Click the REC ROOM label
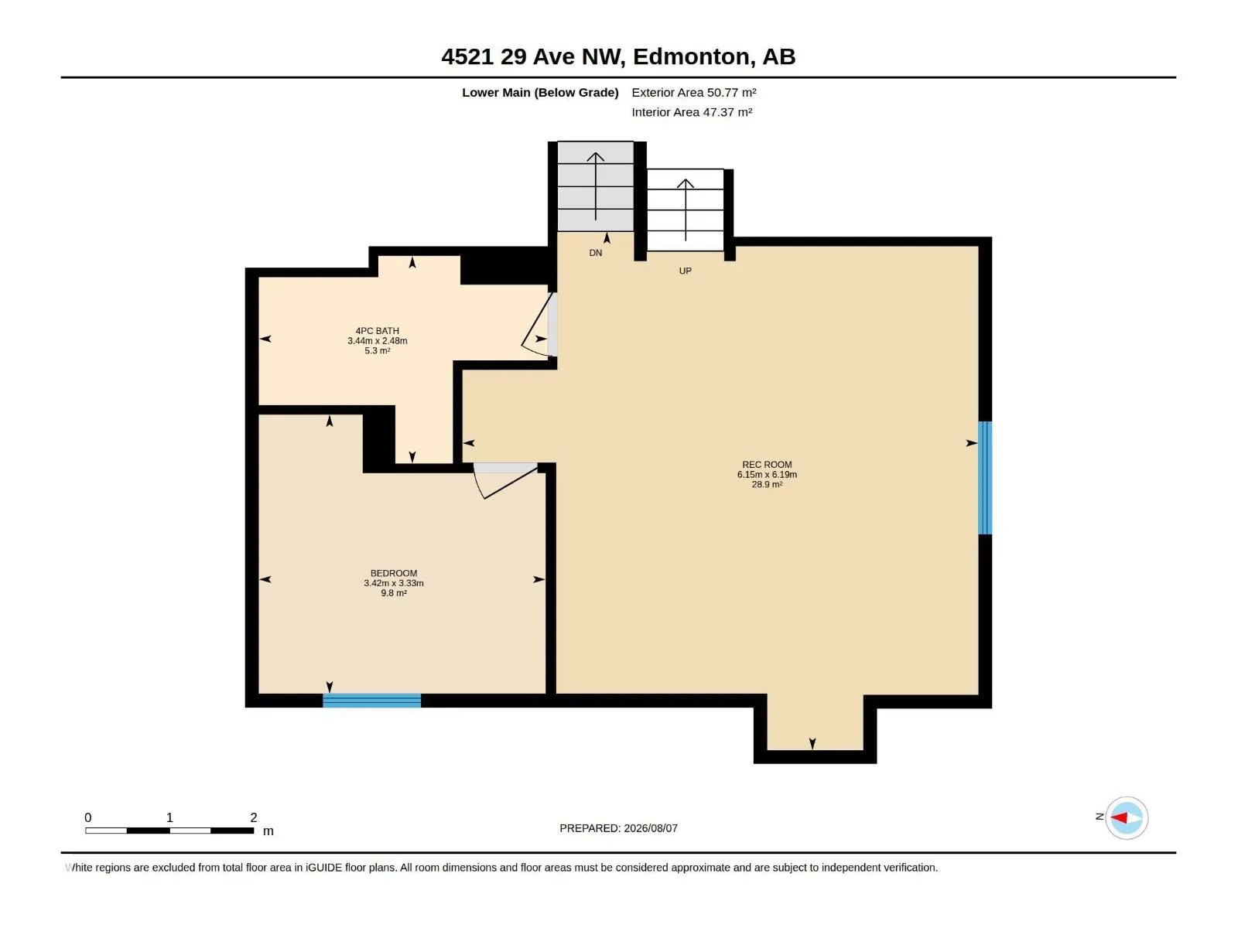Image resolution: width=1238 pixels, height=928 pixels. coord(767,464)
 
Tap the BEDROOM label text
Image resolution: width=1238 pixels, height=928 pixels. coord(394,573)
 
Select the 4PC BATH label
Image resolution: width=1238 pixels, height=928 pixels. coord(378,331)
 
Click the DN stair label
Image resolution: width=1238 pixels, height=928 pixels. coord(596,253)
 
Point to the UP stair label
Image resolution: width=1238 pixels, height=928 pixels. coord(686,271)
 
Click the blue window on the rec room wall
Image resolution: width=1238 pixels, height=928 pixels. coord(985,477)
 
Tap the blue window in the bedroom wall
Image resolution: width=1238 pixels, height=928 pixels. coord(371,701)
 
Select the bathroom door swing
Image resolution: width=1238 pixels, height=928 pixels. coord(535,326)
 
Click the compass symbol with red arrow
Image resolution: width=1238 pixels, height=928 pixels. coord(1127,817)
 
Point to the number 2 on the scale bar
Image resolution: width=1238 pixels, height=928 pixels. coord(254,817)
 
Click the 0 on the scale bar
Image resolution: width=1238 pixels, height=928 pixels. coord(88,817)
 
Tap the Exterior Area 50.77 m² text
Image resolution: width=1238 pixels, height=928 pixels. coord(694,92)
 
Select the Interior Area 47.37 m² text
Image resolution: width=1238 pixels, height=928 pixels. coord(692,112)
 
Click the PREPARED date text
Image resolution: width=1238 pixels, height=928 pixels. coord(619,828)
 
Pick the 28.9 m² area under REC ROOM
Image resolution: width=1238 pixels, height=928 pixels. coord(767,485)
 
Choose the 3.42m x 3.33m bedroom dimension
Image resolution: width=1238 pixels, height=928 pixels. coord(394,583)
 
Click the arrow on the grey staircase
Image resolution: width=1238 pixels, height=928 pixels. coord(596,186)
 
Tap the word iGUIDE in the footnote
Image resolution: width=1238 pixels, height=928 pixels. coord(323,868)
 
